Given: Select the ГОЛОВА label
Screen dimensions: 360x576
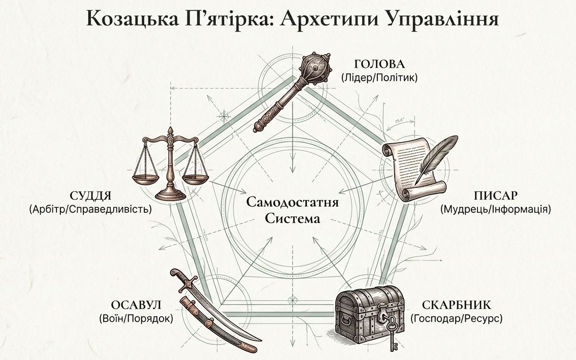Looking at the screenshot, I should [x=379, y=64].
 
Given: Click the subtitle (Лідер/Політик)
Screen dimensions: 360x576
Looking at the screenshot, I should [x=379, y=78].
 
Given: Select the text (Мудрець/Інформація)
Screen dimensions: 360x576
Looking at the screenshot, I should [x=495, y=209].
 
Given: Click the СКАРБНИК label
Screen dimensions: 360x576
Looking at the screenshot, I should [x=457, y=306].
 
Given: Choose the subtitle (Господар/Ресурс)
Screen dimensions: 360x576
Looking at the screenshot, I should [x=457, y=318].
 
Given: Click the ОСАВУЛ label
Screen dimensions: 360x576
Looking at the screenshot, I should [x=136, y=305].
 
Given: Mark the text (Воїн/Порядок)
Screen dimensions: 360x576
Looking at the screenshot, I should [x=136, y=318].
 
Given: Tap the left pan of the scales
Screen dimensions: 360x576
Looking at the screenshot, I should [x=145, y=179].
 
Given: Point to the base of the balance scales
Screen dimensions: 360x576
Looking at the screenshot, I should [x=171, y=194].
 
